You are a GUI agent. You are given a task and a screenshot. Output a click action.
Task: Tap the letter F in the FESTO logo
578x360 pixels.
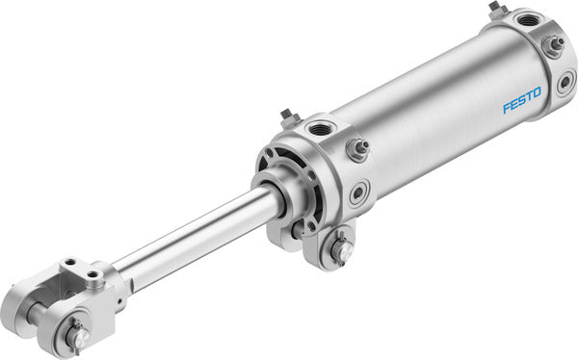pos(506,107)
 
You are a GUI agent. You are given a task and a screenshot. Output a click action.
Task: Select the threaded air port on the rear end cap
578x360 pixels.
pos(529,18)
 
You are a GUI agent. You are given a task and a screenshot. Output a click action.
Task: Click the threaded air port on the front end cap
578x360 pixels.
pos(318,128)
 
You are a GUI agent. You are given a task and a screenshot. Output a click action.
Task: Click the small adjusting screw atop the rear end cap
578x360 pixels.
pos(496,9)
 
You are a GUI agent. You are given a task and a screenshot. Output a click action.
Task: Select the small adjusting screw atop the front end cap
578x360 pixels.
pos(287,118)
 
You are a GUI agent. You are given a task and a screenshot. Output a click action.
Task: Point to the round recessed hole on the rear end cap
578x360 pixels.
pos(565,82)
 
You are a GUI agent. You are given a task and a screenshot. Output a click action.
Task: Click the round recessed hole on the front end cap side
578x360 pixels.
pos(358,192)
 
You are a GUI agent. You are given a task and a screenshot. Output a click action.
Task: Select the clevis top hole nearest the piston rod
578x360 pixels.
pos(92,273)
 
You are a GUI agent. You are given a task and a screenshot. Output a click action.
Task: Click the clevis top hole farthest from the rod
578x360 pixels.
pos(70,262)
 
